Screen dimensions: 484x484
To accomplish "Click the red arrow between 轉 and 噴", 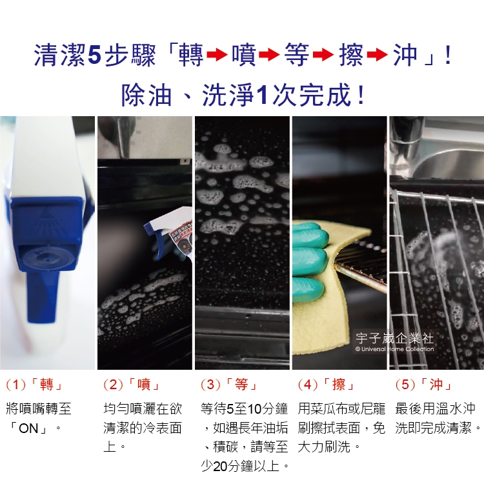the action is pos(217,55).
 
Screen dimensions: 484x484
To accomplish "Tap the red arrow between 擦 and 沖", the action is pos(378,55).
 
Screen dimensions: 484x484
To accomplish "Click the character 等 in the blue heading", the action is pos(297,55).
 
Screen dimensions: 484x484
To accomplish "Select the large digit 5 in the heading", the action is pos(94,55).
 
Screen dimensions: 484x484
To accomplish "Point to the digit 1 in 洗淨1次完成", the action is pos(263,95).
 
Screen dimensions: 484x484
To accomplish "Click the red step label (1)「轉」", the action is pos(34,385).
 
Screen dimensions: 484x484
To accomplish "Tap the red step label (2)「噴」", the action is pos(132,385).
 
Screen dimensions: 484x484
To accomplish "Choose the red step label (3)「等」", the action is pos(228,385).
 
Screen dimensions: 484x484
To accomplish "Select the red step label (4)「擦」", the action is pos(326,385).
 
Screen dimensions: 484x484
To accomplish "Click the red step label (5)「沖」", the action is pos(423,385).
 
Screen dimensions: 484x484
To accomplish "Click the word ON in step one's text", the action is pos(28,429).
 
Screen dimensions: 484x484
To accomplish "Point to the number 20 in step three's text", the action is pos(220,467).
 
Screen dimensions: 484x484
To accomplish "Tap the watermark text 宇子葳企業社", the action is pos(394,338).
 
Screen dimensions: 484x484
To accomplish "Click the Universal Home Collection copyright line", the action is pos(394,349).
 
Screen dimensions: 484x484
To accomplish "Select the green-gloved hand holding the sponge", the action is pos(309,263).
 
